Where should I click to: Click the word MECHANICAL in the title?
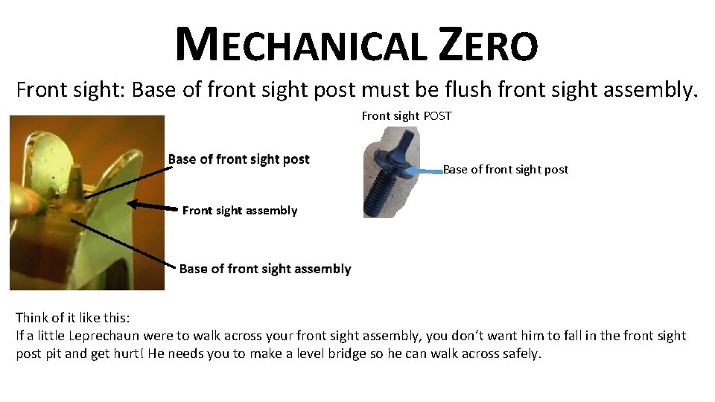tap(302, 44)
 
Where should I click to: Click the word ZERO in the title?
tap(488, 44)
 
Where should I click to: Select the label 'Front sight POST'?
tap(406, 116)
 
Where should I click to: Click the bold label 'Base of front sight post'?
tap(238, 159)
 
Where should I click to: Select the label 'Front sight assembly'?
tap(239, 211)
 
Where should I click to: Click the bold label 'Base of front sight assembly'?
tap(264, 269)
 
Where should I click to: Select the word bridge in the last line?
tap(389, 354)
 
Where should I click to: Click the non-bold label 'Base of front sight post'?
tap(506, 170)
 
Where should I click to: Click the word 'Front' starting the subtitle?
tap(44, 91)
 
